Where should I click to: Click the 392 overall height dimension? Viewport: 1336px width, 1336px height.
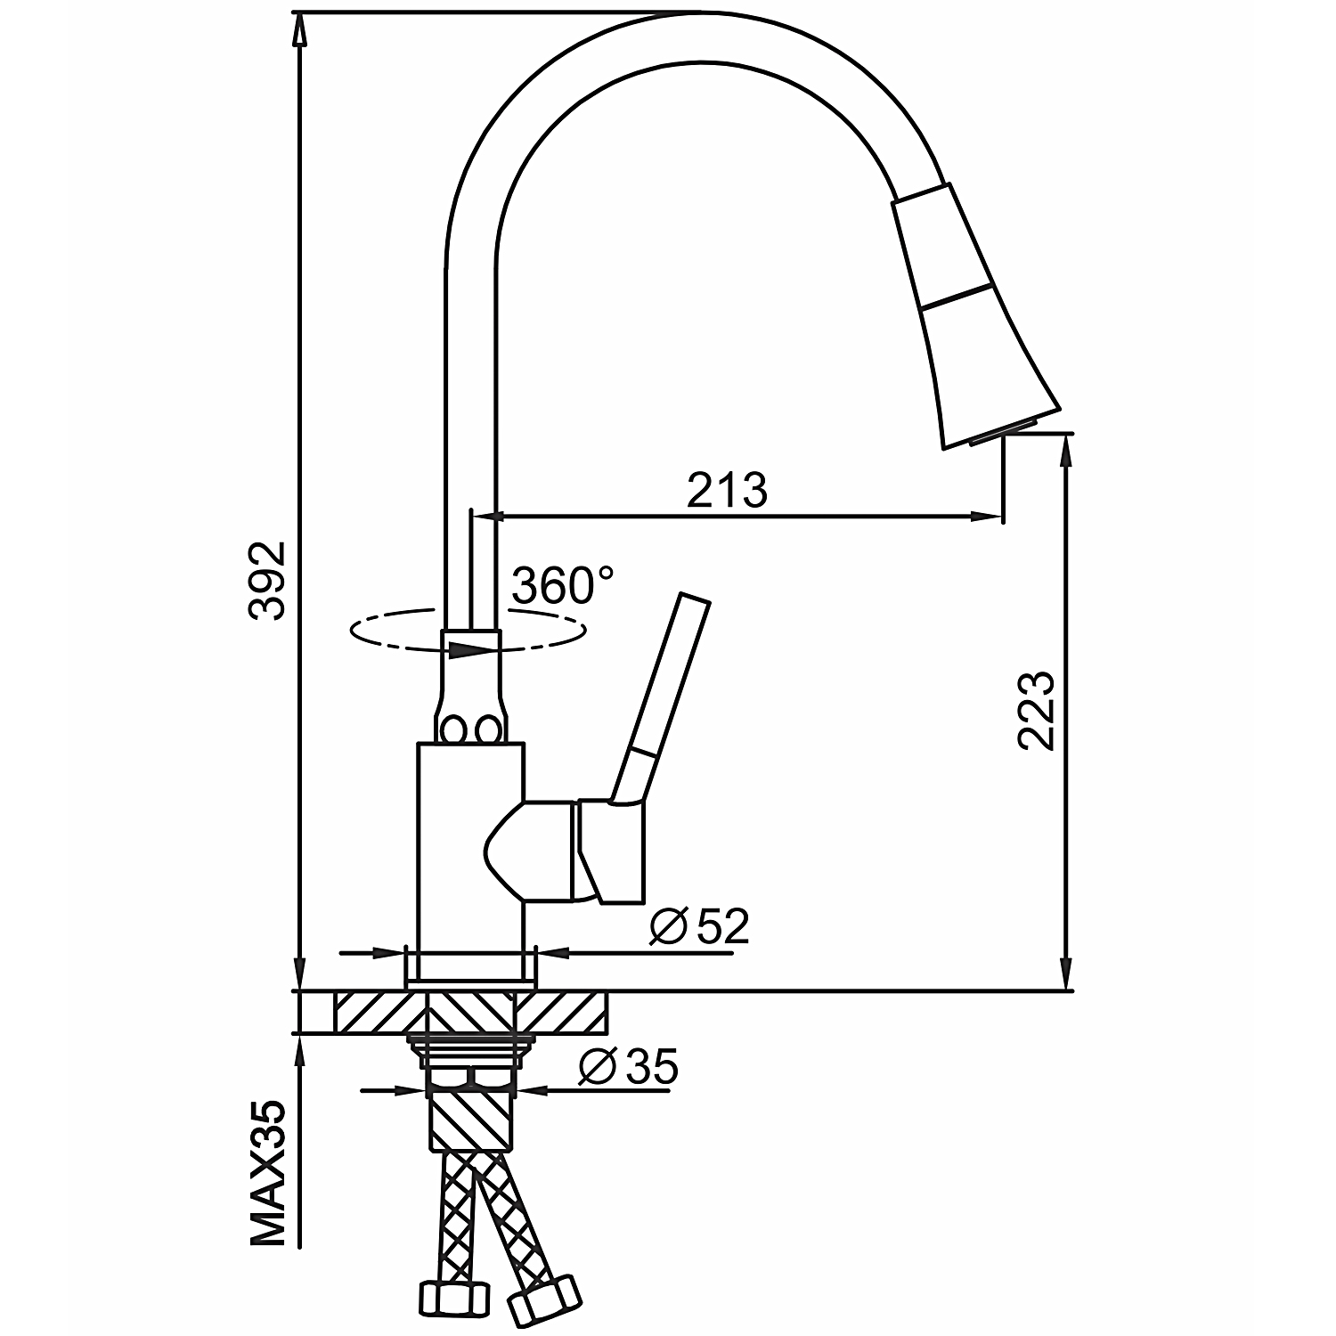pyautogui.click(x=266, y=580)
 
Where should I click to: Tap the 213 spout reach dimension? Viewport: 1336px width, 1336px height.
pyautogui.click(x=727, y=490)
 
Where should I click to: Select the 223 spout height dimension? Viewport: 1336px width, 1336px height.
pyautogui.click(x=1036, y=710)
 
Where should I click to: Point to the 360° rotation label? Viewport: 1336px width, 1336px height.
pyautogui.click(x=563, y=586)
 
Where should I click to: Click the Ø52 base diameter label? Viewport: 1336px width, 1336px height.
pyautogui.click(x=699, y=927)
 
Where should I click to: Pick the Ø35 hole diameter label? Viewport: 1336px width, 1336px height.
pyautogui.click(x=628, y=1066)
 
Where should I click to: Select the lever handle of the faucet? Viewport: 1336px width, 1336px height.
pyautogui.click(x=664, y=695)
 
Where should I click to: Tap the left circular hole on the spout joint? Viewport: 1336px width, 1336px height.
pyautogui.click(x=453, y=730)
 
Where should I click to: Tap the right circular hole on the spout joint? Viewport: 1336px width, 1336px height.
pyautogui.click(x=486, y=730)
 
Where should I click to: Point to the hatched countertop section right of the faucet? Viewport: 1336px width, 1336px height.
pyautogui.click(x=561, y=1012)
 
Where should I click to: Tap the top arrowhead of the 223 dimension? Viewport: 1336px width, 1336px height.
pyautogui.click(x=1065, y=451)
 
